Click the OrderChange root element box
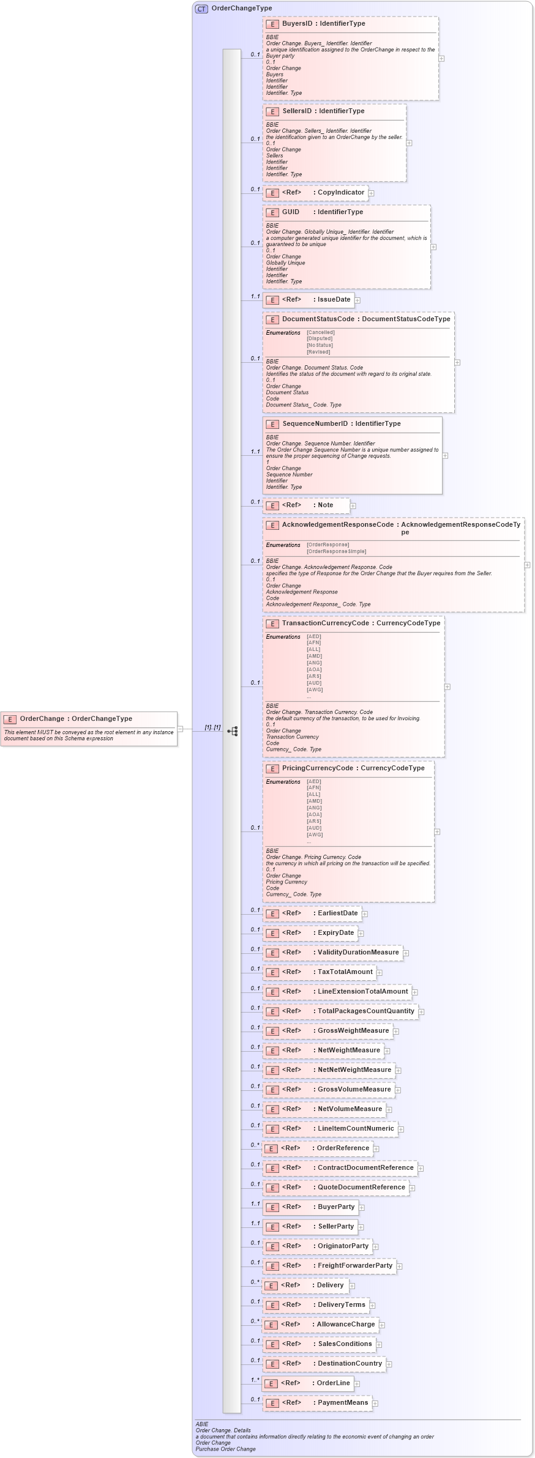pyautogui.click(x=89, y=728)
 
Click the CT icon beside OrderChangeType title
pyautogui.click(x=201, y=9)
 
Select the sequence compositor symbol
pyautogui.click(x=232, y=731)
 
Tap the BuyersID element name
pyautogui.click(x=297, y=24)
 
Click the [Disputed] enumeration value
pyautogui.click(x=320, y=338)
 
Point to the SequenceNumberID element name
pyautogui.click(x=315, y=424)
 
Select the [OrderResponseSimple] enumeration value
pyautogui.click(x=336, y=551)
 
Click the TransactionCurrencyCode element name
pyautogui.click(x=325, y=623)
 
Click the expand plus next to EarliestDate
pyautogui.click(x=365, y=914)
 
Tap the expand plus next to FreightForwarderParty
pyautogui.click(x=400, y=1266)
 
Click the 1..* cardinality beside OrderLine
pyautogui.click(x=255, y=1380)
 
